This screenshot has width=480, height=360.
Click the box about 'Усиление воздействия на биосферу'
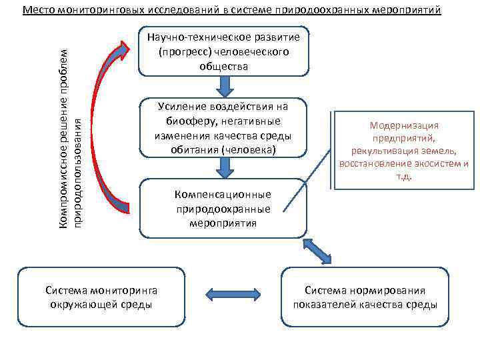point(223,128)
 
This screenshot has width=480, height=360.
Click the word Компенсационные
point(223,195)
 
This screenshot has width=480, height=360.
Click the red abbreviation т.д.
point(404,177)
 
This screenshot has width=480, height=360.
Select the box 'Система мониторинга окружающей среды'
point(101,297)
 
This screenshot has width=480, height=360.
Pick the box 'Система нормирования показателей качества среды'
point(365,297)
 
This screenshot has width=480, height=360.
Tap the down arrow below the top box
point(223,85)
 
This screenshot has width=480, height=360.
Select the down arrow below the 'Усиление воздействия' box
point(223,167)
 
